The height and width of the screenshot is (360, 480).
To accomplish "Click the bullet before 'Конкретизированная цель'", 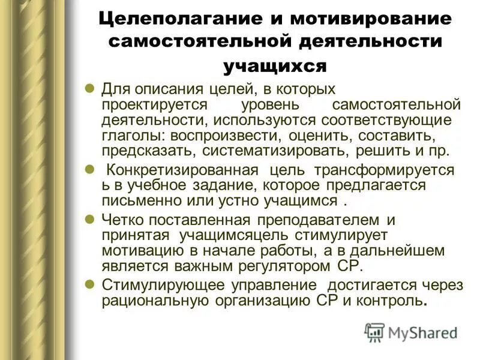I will tap(89, 170).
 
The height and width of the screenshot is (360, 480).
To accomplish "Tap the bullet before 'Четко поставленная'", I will tap(89, 219).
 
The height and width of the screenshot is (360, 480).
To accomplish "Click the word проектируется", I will tap(147, 104).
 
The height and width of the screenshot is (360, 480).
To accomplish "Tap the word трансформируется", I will tap(394, 170).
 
